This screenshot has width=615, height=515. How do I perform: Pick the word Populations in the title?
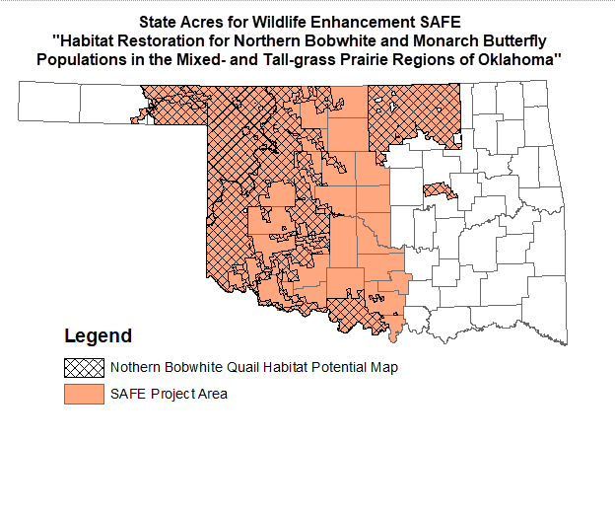[x=83, y=59]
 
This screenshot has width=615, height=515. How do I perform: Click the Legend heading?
[x=98, y=336]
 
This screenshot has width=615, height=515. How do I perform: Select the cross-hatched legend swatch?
[x=84, y=368]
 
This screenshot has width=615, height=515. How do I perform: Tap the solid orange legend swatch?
[x=84, y=395]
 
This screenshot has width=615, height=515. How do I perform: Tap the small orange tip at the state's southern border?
[x=394, y=337]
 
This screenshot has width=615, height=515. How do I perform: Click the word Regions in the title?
[x=430, y=59]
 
